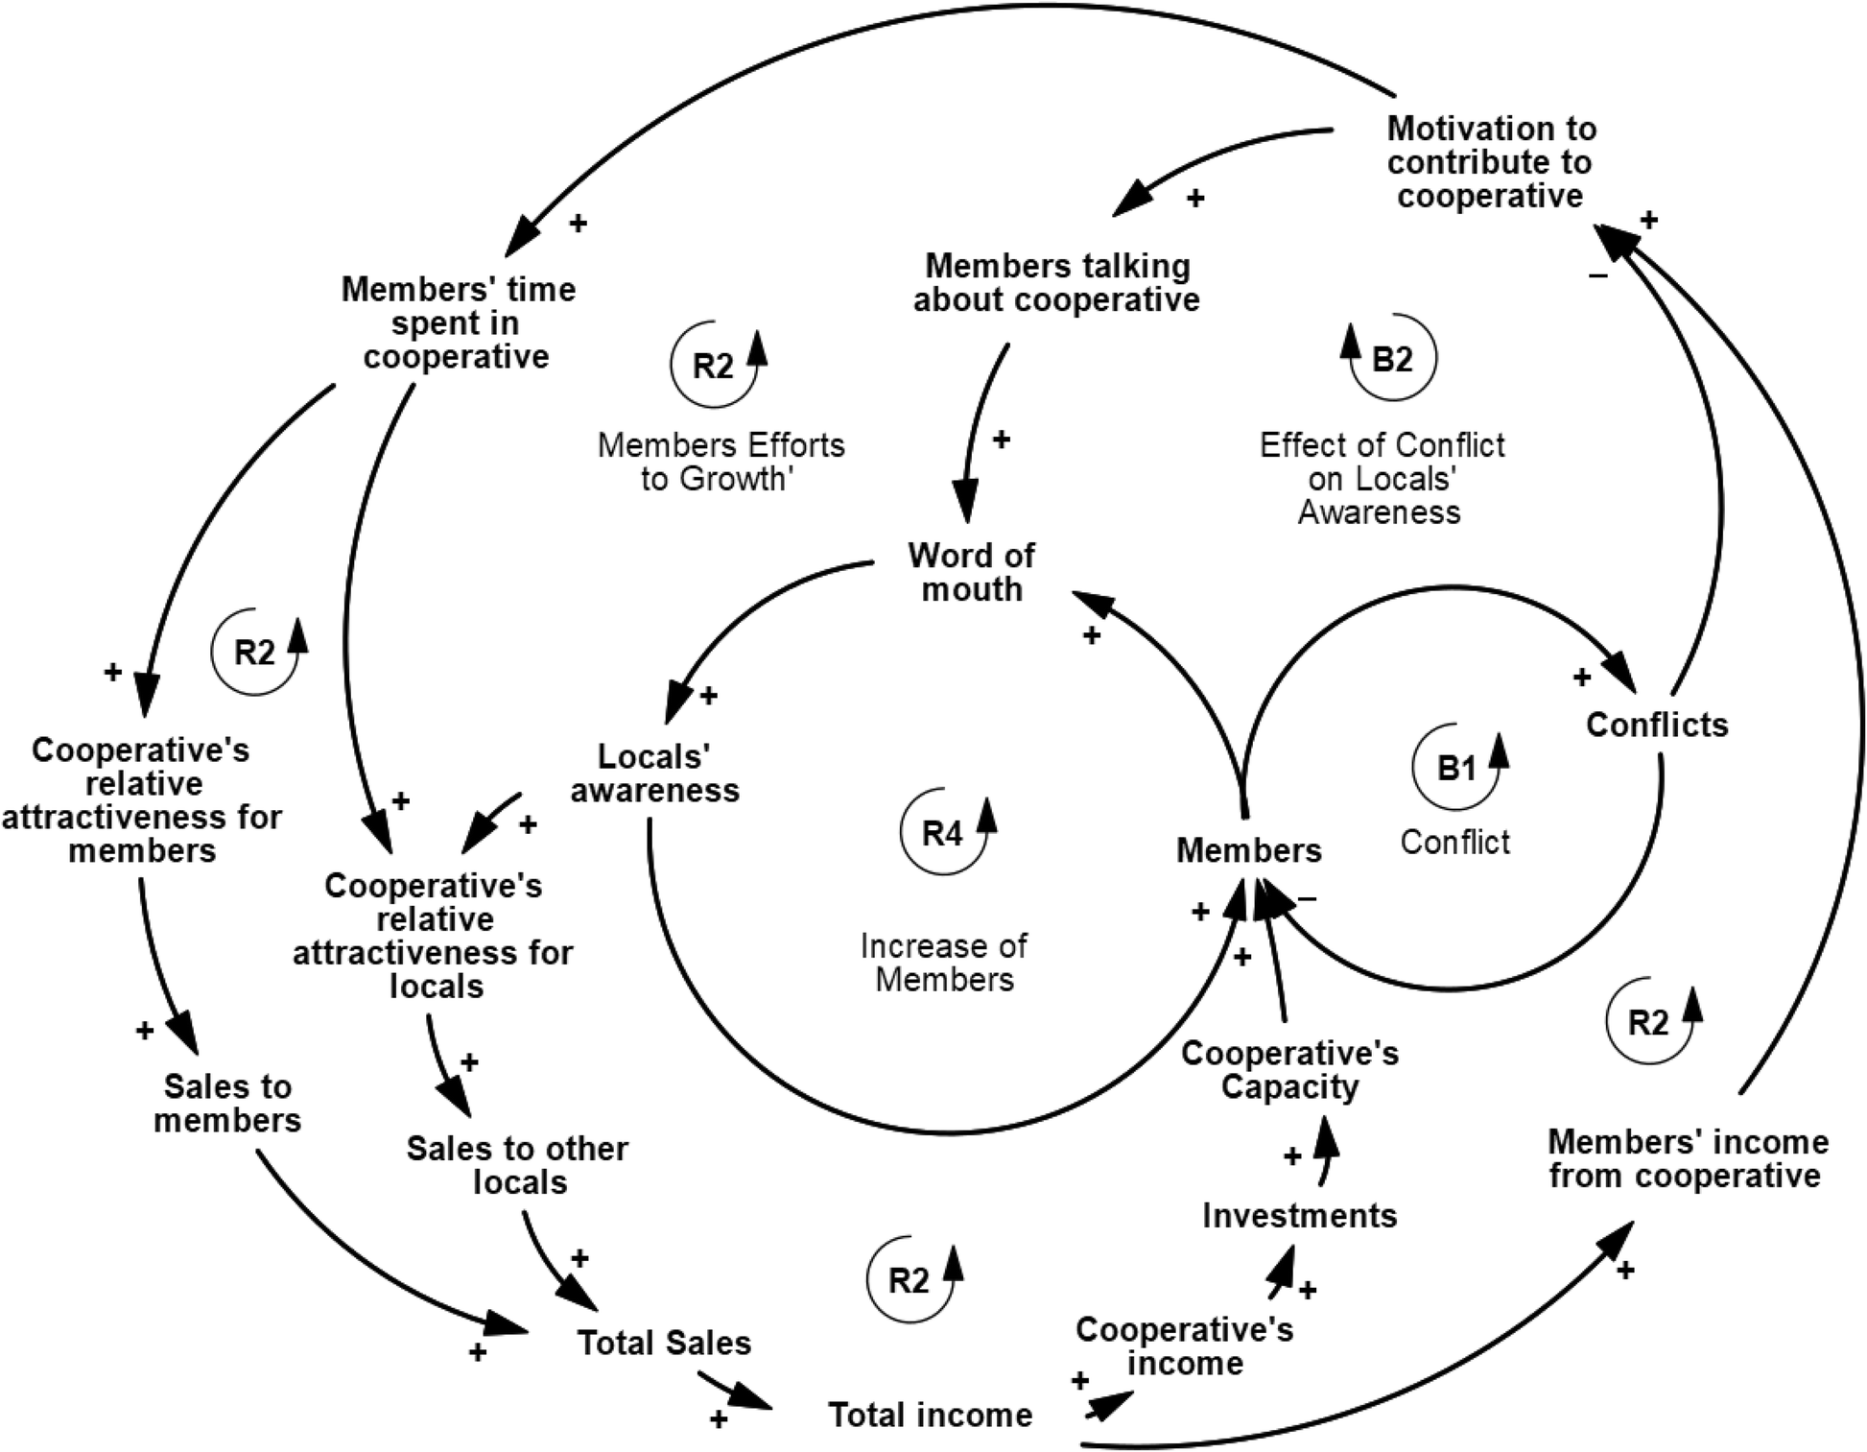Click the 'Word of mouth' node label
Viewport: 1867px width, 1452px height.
971,572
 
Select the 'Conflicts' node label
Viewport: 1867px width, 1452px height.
1656,725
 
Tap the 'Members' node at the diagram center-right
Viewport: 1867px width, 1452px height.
1248,850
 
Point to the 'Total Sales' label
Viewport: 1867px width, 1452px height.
664,1343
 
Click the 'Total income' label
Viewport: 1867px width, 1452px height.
930,1415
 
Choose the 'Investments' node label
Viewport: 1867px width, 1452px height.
1299,1216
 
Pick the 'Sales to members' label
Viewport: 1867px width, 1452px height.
227,1104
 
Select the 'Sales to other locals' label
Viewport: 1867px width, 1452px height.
518,1165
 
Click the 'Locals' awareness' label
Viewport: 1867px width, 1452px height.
655,774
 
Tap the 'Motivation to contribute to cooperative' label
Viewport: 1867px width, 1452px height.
1491,162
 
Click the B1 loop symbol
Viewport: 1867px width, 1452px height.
1455,768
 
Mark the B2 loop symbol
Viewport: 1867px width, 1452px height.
1392,359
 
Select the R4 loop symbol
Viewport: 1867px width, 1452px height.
942,833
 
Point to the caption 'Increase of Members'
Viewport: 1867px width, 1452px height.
944,963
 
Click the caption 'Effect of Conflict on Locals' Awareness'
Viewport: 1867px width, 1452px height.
1382,478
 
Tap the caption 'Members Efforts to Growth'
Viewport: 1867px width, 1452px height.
721,462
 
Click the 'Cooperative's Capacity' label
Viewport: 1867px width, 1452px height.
1289,1070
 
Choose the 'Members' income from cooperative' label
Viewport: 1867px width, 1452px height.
1688,1158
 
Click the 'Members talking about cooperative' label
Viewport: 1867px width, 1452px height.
1056,283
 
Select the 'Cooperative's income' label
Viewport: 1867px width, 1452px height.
1185,1346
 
